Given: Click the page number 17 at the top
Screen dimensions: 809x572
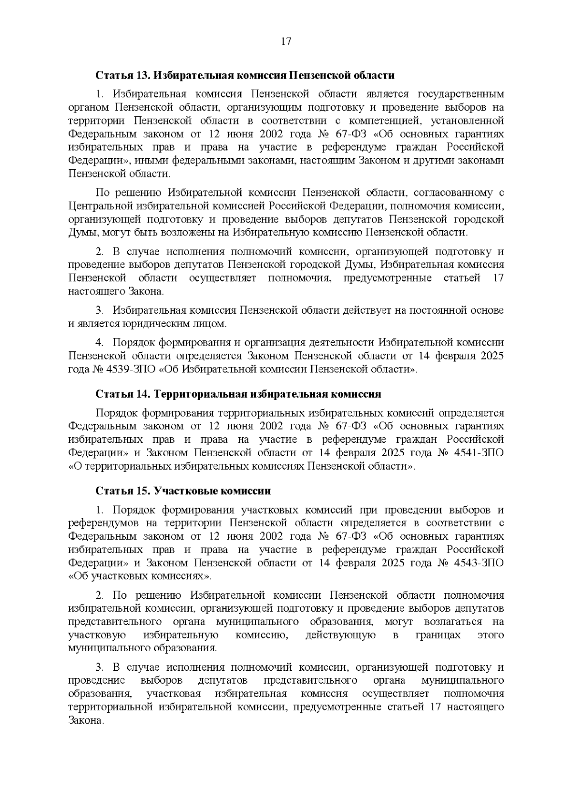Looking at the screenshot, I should (x=286, y=41).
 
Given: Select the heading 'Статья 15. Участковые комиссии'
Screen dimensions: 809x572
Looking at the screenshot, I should (x=184, y=491).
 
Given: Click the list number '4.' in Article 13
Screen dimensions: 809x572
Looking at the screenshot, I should (x=100, y=343).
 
